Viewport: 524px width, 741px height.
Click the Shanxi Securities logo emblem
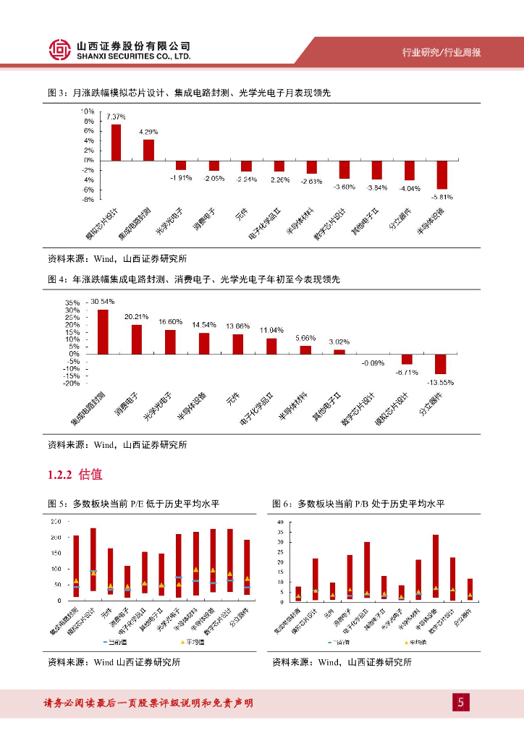[61, 49]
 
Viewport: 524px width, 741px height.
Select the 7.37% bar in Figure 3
[116, 142]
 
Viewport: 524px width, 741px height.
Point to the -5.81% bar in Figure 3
[441, 174]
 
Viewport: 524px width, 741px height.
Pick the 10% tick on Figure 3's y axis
[88, 111]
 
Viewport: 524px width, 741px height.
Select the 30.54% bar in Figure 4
[103, 331]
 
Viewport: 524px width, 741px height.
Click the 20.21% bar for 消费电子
[137, 339]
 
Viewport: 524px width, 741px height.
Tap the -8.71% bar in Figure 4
[407, 359]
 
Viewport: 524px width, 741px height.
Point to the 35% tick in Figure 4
[72, 302]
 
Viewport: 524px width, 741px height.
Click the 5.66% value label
[305, 338]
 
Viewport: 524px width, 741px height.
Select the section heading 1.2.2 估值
[75, 475]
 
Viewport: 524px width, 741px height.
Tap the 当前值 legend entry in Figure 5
[117, 642]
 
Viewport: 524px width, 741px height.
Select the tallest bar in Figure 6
[435, 568]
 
